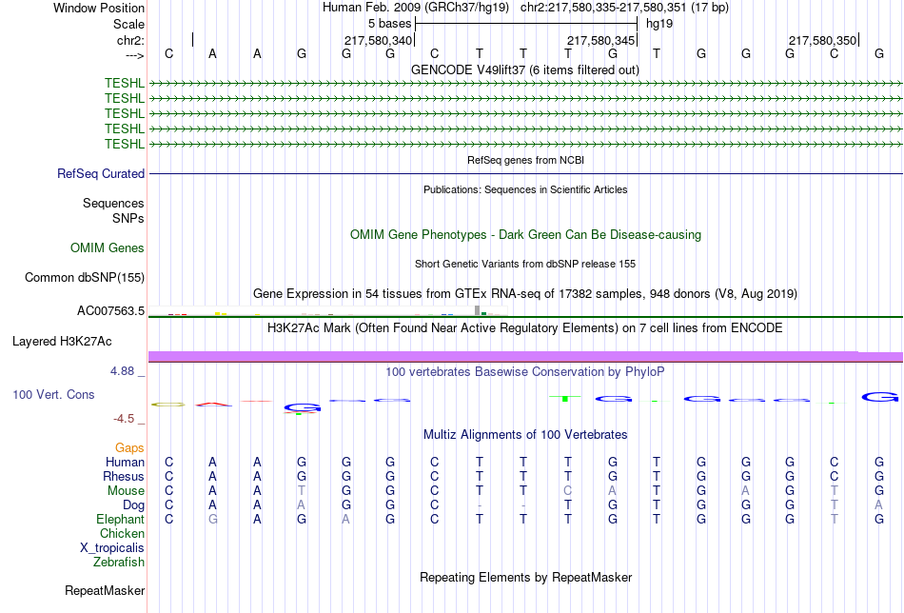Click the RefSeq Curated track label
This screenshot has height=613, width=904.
click(101, 174)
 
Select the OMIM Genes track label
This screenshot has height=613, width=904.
click(108, 248)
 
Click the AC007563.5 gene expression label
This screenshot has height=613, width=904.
click(110, 311)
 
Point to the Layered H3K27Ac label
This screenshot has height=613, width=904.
click(62, 341)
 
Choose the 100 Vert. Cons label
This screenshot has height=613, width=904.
click(53, 394)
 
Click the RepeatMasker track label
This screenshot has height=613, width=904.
click(105, 591)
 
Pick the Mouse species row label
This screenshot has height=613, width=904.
click(126, 491)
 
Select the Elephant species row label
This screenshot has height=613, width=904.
click(120, 520)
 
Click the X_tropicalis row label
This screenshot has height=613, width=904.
click(112, 548)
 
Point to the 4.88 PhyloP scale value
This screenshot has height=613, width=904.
click(126, 371)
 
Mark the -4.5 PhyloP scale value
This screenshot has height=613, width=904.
click(126, 419)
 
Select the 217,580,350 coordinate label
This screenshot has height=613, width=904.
click(822, 41)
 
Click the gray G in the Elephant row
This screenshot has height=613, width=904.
click(212, 520)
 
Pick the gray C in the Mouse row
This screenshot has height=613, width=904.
click(568, 491)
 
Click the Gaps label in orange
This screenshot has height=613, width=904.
click(129, 447)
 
